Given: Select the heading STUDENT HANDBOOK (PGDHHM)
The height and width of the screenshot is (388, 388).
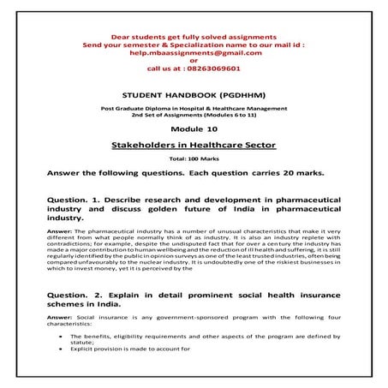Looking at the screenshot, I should pyautogui.click(x=194, y=98).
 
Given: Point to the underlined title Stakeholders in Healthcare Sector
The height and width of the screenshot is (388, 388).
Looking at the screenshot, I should pyautogui.click(x=194, y=147).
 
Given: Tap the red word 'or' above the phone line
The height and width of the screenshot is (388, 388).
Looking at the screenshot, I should pyautogui.click(x=194, y=61).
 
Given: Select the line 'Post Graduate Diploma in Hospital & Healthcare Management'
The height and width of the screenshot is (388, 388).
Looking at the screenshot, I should pyautogui.click(x=194, y=111).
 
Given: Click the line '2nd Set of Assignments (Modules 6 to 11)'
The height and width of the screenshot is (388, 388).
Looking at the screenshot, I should pyautogui.click(x=194, y=118).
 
